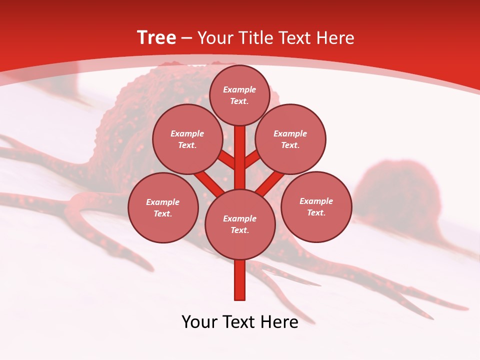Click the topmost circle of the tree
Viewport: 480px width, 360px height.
(240, 95)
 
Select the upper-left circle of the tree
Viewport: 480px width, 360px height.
(187, 139)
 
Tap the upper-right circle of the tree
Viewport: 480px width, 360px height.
(290, 139)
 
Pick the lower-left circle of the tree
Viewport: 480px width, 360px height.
(163, 207)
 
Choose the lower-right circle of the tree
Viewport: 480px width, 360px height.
(316, 206)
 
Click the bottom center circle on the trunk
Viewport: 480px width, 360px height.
(240, 224)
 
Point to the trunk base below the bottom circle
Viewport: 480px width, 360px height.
(240, 280)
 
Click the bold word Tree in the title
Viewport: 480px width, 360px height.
(156, 38)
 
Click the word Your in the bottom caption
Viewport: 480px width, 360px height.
(200, 322)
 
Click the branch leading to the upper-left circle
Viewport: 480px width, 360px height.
(226, 160)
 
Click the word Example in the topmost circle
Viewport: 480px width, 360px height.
(239, 90)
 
